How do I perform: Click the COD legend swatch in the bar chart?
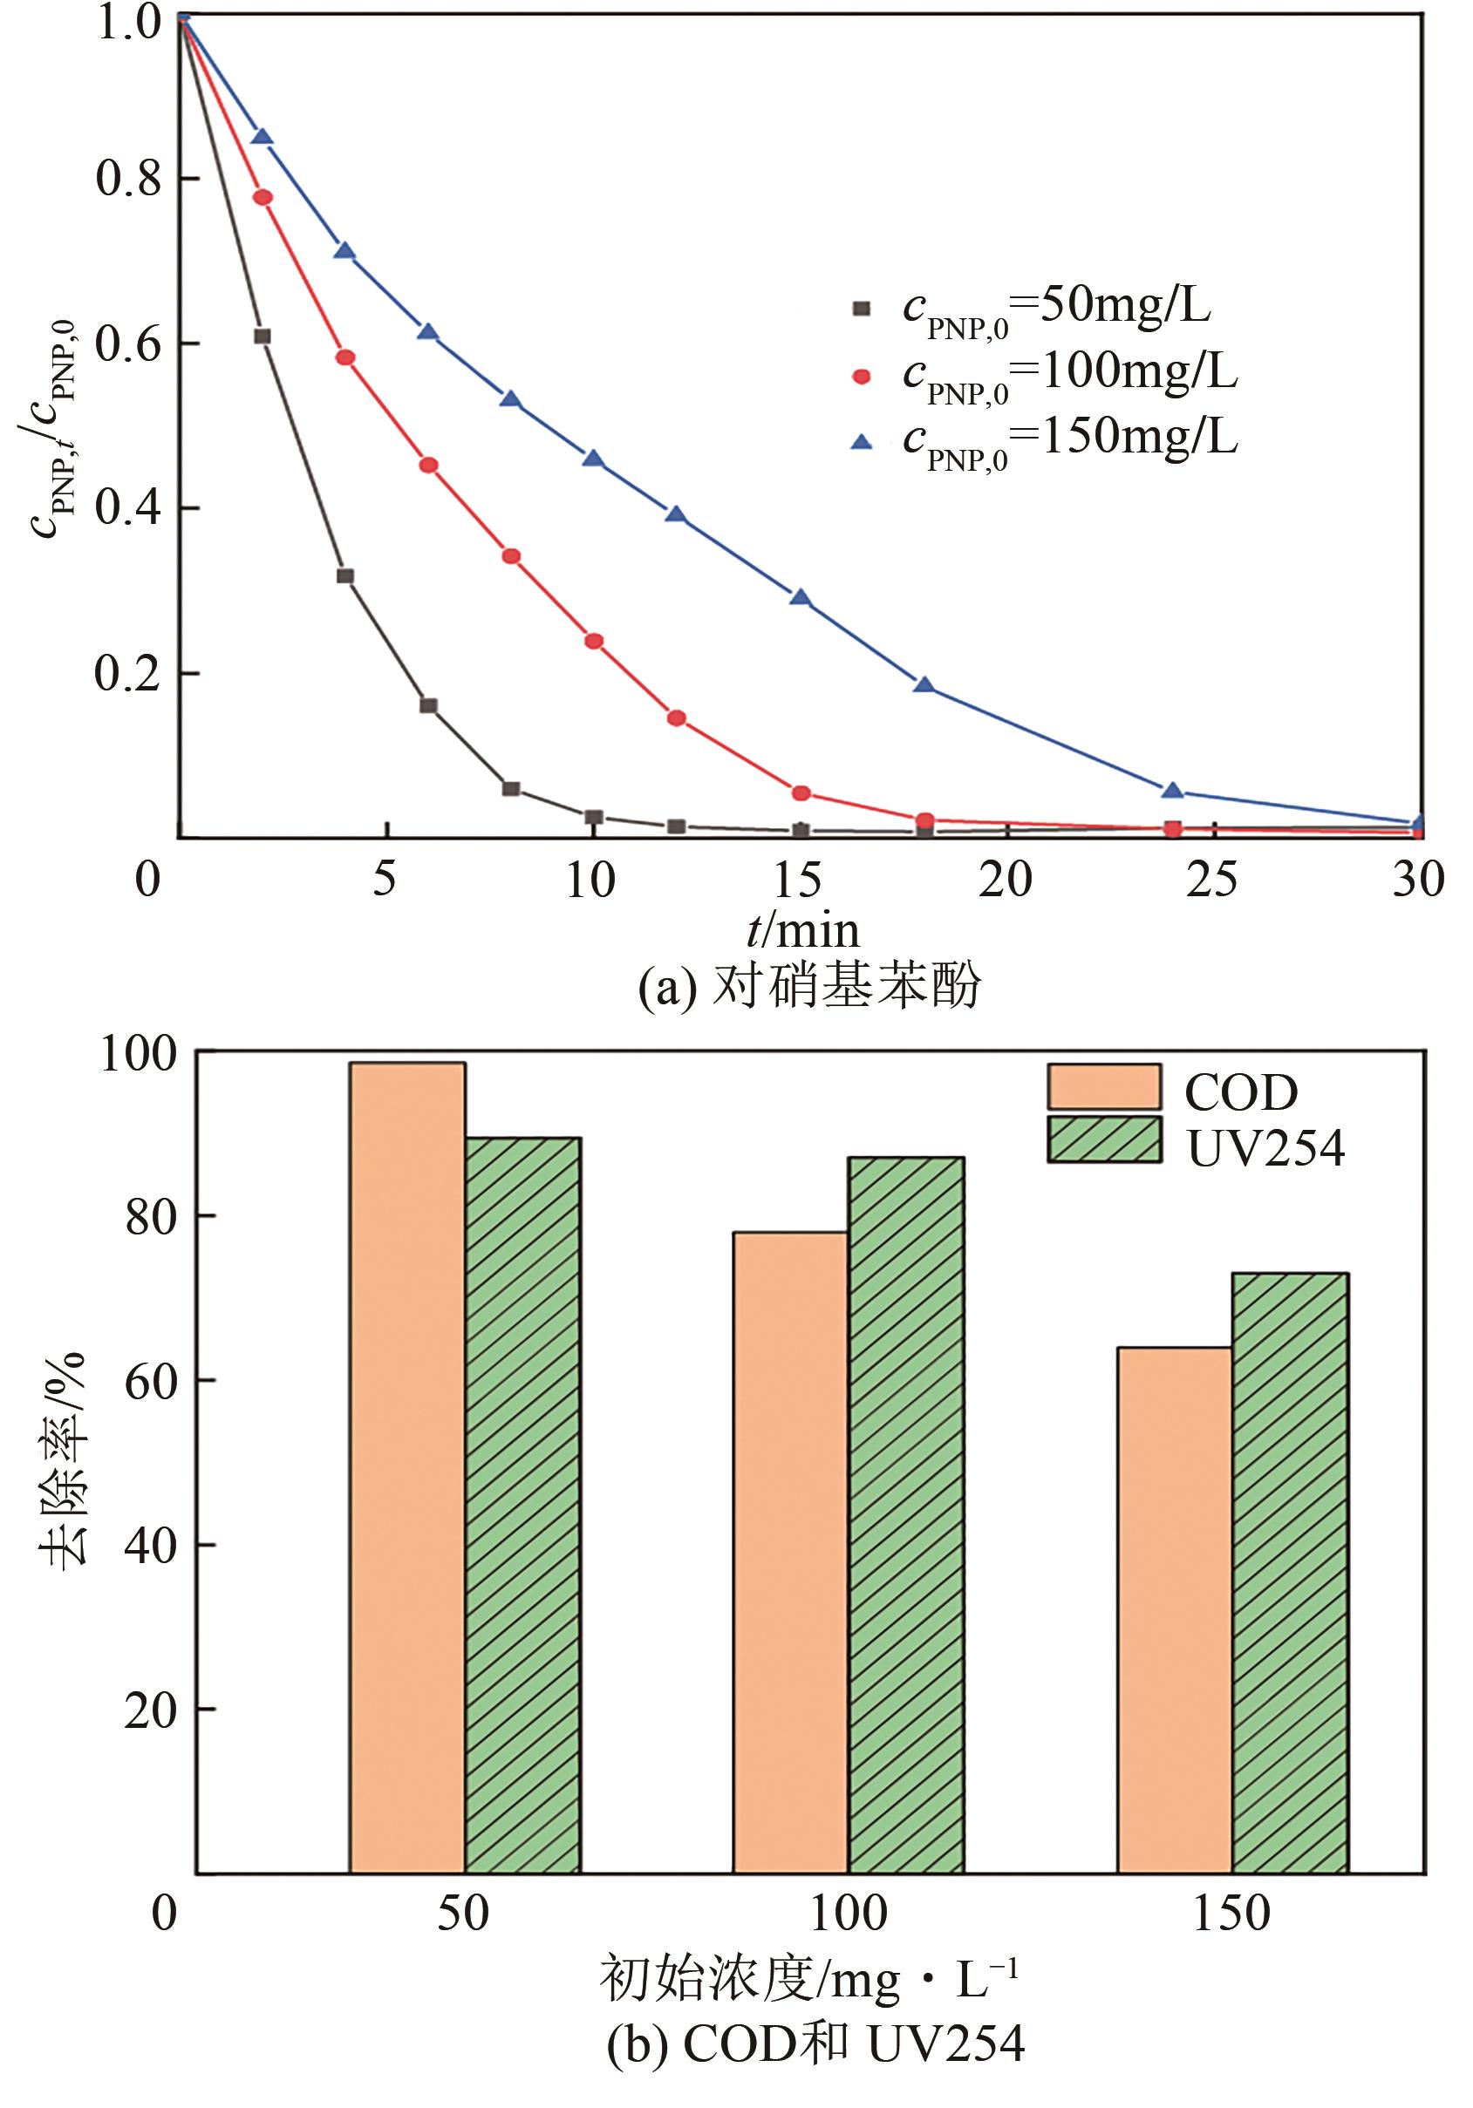(1104, 1088)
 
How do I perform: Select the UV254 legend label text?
(1265, 1147)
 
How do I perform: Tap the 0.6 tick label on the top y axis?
(128, 344)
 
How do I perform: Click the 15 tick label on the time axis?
(797, 880)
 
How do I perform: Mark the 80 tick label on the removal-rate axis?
(151, 1216)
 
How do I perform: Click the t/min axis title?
(802, 932)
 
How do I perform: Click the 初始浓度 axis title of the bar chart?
(808, 1980)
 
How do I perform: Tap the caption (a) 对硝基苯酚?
(809, 987)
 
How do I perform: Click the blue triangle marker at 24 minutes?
(1172, 791)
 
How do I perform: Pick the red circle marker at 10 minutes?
(594, 641)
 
